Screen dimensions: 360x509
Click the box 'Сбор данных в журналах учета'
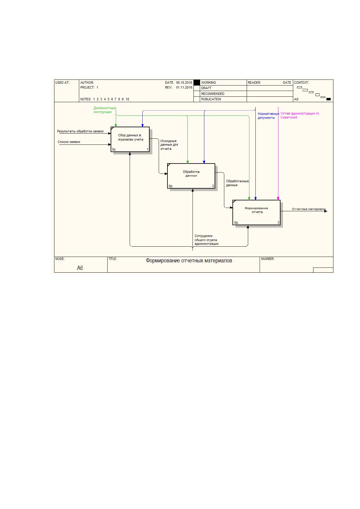pyautogui.click(x=130, y=139)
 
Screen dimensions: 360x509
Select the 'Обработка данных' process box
pyautogui.click(x=191, y=176)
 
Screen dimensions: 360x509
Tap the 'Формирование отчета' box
pyautogui.click(x=256, y=212)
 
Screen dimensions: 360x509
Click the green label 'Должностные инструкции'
pyautogui.click(x=104, y=110)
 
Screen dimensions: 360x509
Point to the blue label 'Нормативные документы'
pyautogui.click(x=268, y=116)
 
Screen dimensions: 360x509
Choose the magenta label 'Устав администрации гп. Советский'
pyautogui.click(x=300, y=115)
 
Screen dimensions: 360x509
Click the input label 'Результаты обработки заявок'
pyautogui.click(x=80, y=131)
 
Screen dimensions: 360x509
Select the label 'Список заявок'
pyautogui.click(x=69, y=142)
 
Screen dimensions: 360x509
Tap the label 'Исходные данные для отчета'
pyautogui.click(x=169, y=145)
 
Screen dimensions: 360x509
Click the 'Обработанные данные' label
pyautogui.click(x=237, y=183)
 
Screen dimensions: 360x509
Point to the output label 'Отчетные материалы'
pyautogui.click(x=309, y=209)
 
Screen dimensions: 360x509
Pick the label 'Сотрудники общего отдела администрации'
pyautogui.click(x=206, y=240)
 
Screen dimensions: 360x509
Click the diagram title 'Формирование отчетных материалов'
pyautogui.click(x=189, y=261)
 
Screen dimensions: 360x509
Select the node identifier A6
pyautogui.click(x=80, y=268)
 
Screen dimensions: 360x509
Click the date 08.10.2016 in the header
pyautogui.click(x=184, y=83)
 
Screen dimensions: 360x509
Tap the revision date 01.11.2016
pyautogui.click(x=184, y=87)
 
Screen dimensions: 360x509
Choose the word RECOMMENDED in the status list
pyautogui.click(x=212, y=94)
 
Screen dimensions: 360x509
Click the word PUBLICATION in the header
pyautogui.click(x=211, y=99)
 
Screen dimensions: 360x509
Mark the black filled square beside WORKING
pyautogui.click(x=196, y=83)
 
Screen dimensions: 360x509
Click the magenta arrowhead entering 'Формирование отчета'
pyautogui.click(x=278, y=199)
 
